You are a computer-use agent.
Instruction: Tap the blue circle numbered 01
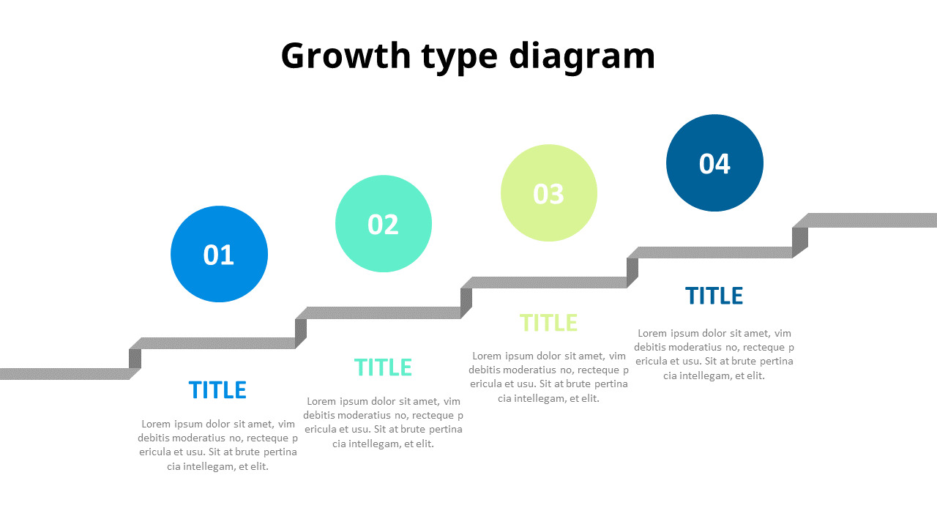(219, 254)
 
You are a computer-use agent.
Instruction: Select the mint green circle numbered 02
(384, 223)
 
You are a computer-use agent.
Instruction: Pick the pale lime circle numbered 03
(549, 193)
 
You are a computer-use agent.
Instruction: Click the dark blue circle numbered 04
(714, 162)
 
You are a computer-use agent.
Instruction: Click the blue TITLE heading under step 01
(217, 390)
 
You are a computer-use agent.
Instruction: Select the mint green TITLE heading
(383, 367)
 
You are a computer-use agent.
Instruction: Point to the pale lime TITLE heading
(548, 323)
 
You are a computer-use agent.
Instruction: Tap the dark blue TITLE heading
(714, 296)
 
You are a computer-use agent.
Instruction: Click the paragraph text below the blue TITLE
(217, 444)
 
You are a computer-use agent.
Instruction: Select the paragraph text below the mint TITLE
(383, 422)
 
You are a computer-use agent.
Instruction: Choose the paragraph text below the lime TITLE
(548, 377)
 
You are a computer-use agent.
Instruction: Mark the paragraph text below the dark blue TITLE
(714, 354)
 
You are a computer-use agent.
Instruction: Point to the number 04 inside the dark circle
(714, 163)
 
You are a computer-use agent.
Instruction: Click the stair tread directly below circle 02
(381, 313)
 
